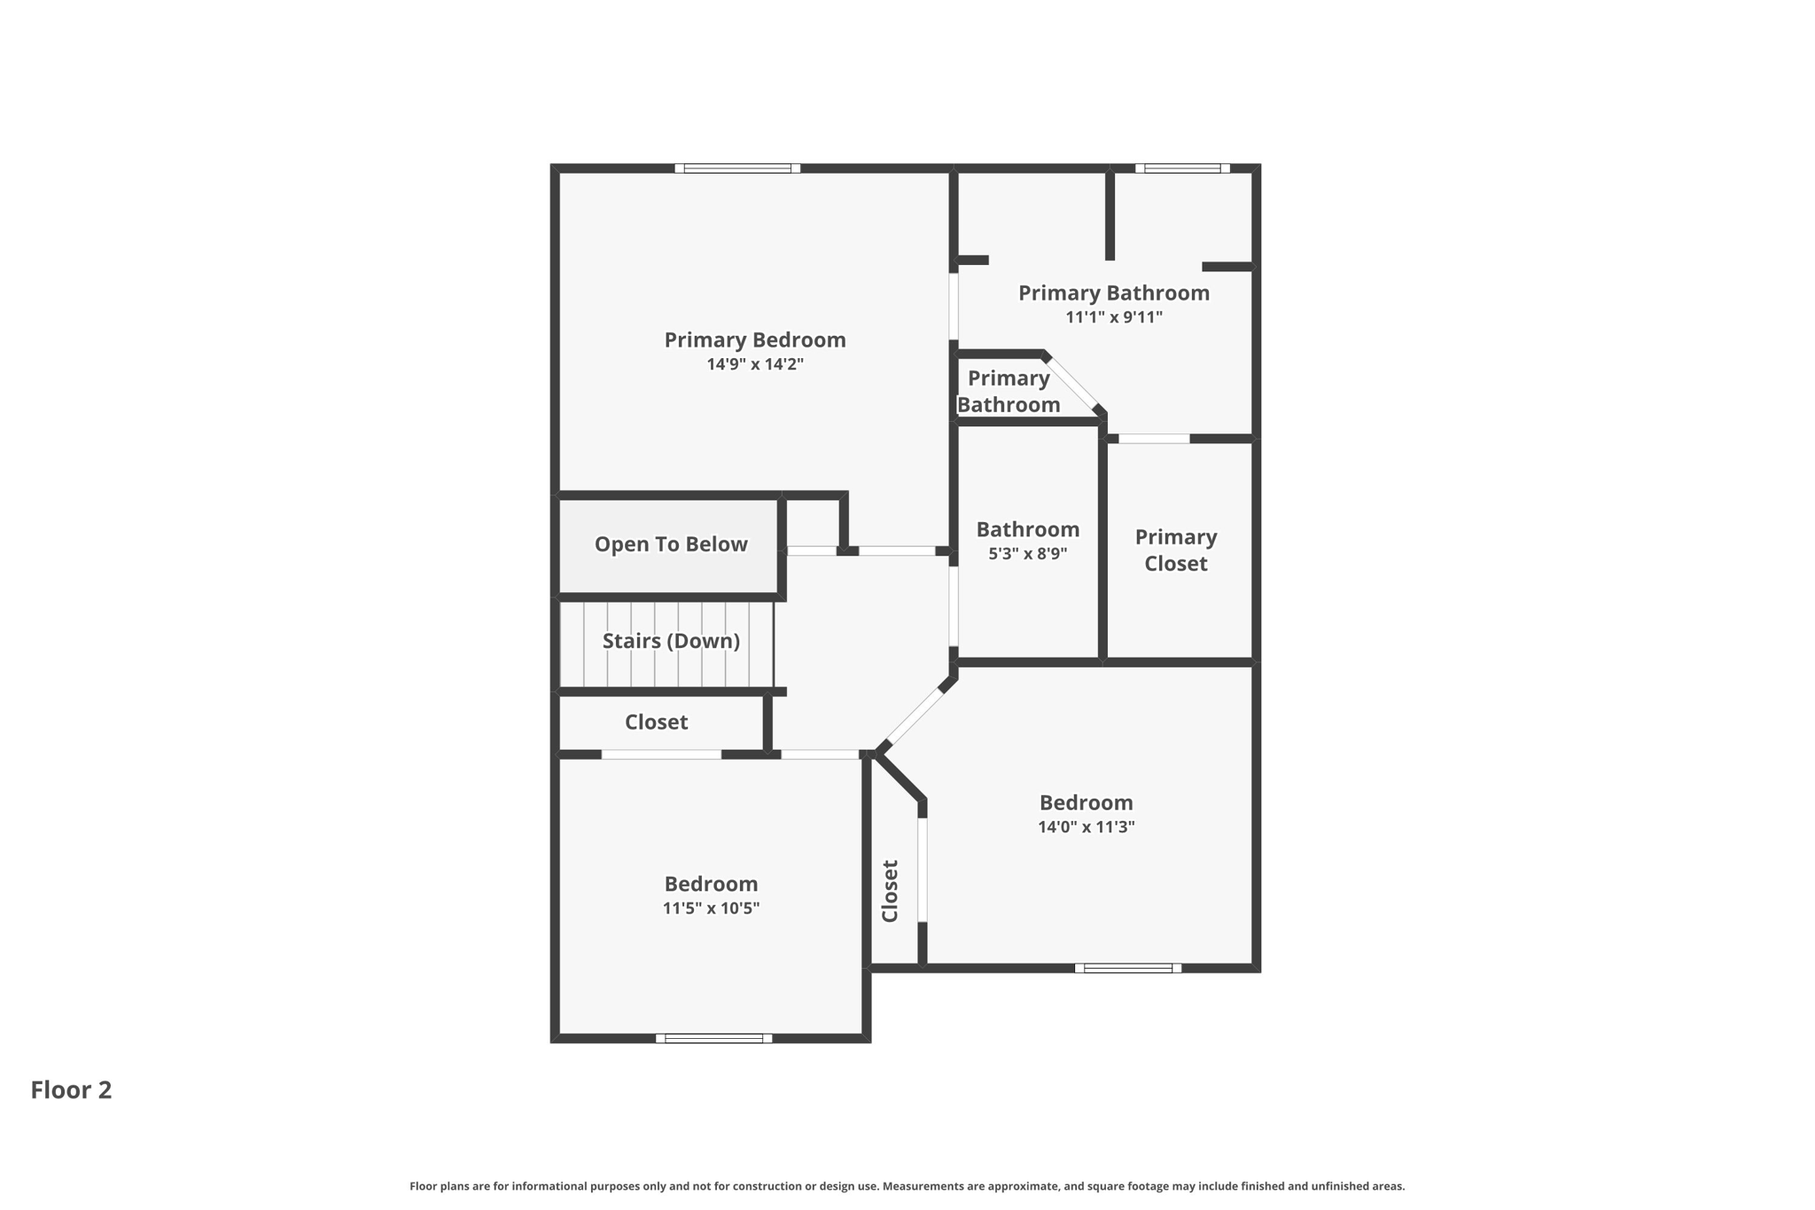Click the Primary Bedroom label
[x=754, y=340]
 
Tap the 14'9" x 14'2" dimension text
[x=754, y=364]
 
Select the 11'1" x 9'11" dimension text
[x=1113, y=317]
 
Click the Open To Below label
[x=670, y=544]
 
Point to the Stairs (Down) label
[x=671, y=641]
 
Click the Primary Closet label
[x=1175, y=550]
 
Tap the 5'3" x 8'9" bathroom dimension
[x=1027, y=554]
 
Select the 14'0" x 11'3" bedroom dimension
[x=1086, y=827]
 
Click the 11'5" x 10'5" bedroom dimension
[x=711, y=909]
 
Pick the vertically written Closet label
[x=891, y=891]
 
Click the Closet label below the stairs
[x=656, y=722]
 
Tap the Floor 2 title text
[x=71, y=1089]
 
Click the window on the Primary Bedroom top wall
[x=737, y=168]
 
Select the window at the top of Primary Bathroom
[x=1181, y=168]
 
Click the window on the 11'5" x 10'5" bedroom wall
[x=713, y=1038]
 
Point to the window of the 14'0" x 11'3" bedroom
[x=1127, y=968]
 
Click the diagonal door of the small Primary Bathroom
[x=1073, y=383]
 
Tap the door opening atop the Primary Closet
[x=1153, y=439]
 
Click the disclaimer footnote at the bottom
[x=907, y=1186]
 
